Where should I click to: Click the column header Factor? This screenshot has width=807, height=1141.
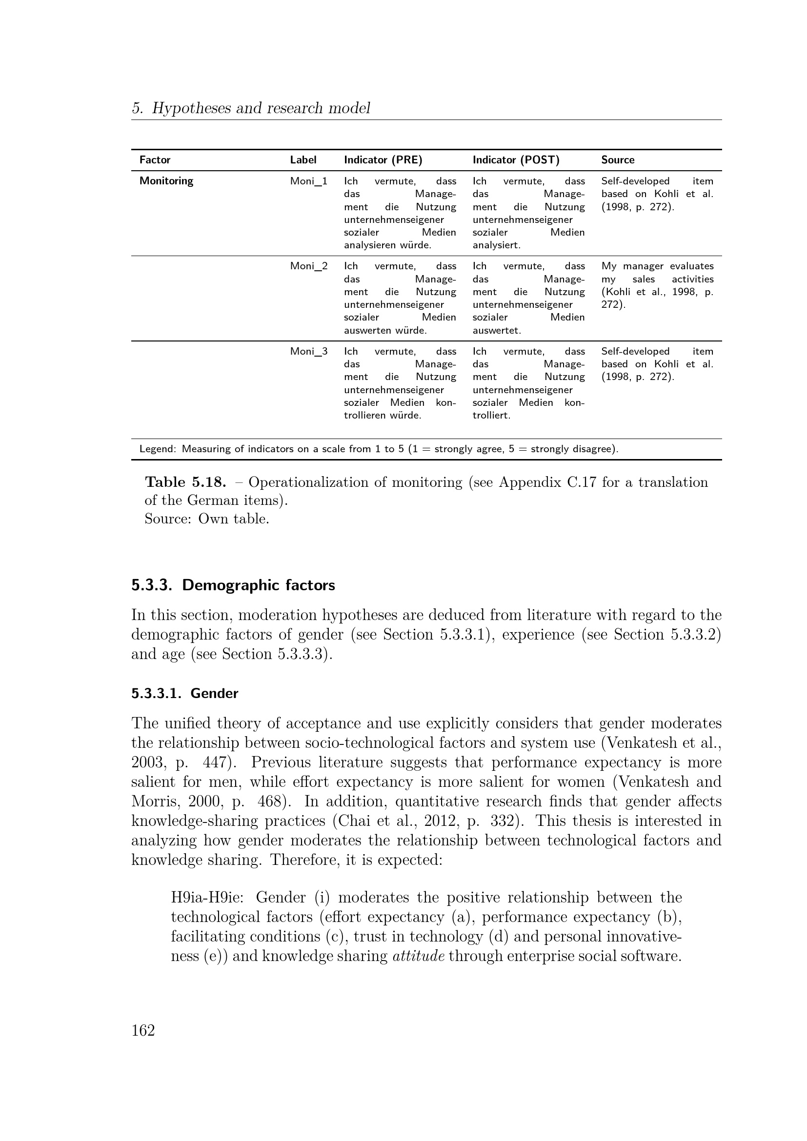point(155,160)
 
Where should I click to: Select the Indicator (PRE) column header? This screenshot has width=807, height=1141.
point(383,160)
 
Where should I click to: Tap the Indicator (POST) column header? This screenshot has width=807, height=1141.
point(515,160)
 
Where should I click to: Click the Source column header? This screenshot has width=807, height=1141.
point(617,160)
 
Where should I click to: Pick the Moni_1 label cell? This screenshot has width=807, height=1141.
point(308,181)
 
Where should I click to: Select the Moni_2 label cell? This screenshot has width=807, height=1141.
point(308,266)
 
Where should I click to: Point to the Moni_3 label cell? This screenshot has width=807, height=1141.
point(308,352)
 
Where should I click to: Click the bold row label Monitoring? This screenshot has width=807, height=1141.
point(166,181)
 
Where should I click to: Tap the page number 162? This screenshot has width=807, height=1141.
point(143,1030)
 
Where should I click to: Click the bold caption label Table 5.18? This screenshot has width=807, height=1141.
point(185,482)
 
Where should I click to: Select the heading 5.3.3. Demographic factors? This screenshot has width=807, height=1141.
point(233,585)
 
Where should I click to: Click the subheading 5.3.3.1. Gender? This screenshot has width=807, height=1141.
point(184,694)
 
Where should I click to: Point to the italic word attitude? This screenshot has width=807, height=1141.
point(418,956)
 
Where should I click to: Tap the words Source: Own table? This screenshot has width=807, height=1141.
point(206,519)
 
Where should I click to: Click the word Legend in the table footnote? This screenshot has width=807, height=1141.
point(157,449)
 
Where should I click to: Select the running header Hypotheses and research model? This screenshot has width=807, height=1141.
point(261,108)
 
